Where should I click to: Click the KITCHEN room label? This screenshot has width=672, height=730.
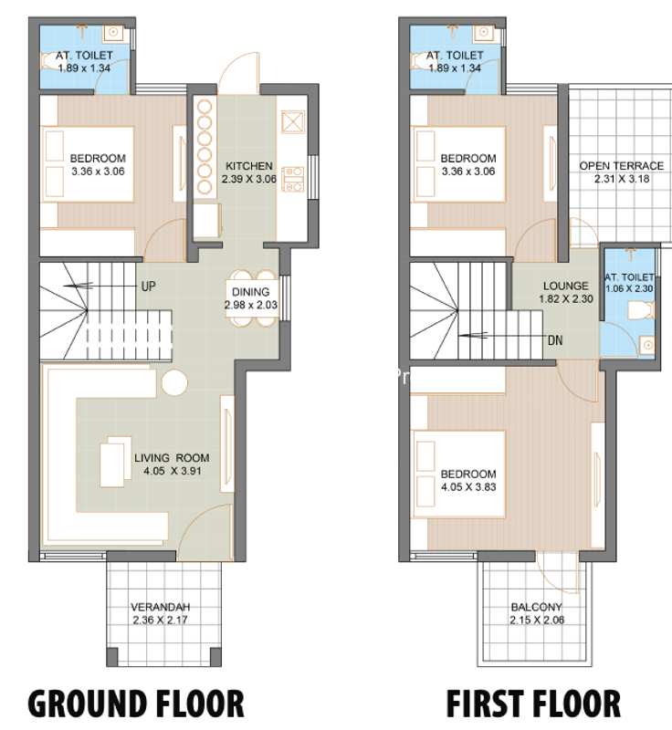[x=249, y=166]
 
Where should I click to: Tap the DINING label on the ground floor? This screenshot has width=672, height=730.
[x=250, y=292]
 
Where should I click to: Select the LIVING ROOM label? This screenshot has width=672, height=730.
[x=172, y=458]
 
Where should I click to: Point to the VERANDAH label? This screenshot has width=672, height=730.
[x=160, y=607]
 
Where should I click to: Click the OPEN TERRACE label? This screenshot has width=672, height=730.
[x=621, y=166]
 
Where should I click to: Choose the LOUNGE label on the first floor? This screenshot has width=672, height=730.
[x=566, y=286]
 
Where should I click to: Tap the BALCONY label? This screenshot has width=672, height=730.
[x=537, y=607]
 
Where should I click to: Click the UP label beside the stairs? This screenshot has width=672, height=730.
[x=148, y=287]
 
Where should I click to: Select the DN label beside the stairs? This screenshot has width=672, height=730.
[x=555, y=340]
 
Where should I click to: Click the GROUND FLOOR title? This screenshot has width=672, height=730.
[x=136, y=703]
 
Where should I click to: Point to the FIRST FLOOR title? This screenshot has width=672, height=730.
[x=534, y=703]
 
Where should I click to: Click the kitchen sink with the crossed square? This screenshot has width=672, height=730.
[x=293, y=122]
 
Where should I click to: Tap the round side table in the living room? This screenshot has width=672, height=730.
[x=174, y=382]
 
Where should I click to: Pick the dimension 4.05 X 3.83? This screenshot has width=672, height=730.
[x=468, y=487]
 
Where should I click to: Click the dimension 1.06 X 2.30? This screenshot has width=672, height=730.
[x=629, y=288]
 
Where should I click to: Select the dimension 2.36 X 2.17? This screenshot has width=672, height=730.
[x=160, y=620]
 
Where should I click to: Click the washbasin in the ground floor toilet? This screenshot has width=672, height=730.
[x=113, y=32]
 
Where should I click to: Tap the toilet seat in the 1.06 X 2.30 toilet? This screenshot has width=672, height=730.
[x=641, y=310]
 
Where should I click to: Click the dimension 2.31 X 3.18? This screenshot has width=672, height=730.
[x=622, y=179]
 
